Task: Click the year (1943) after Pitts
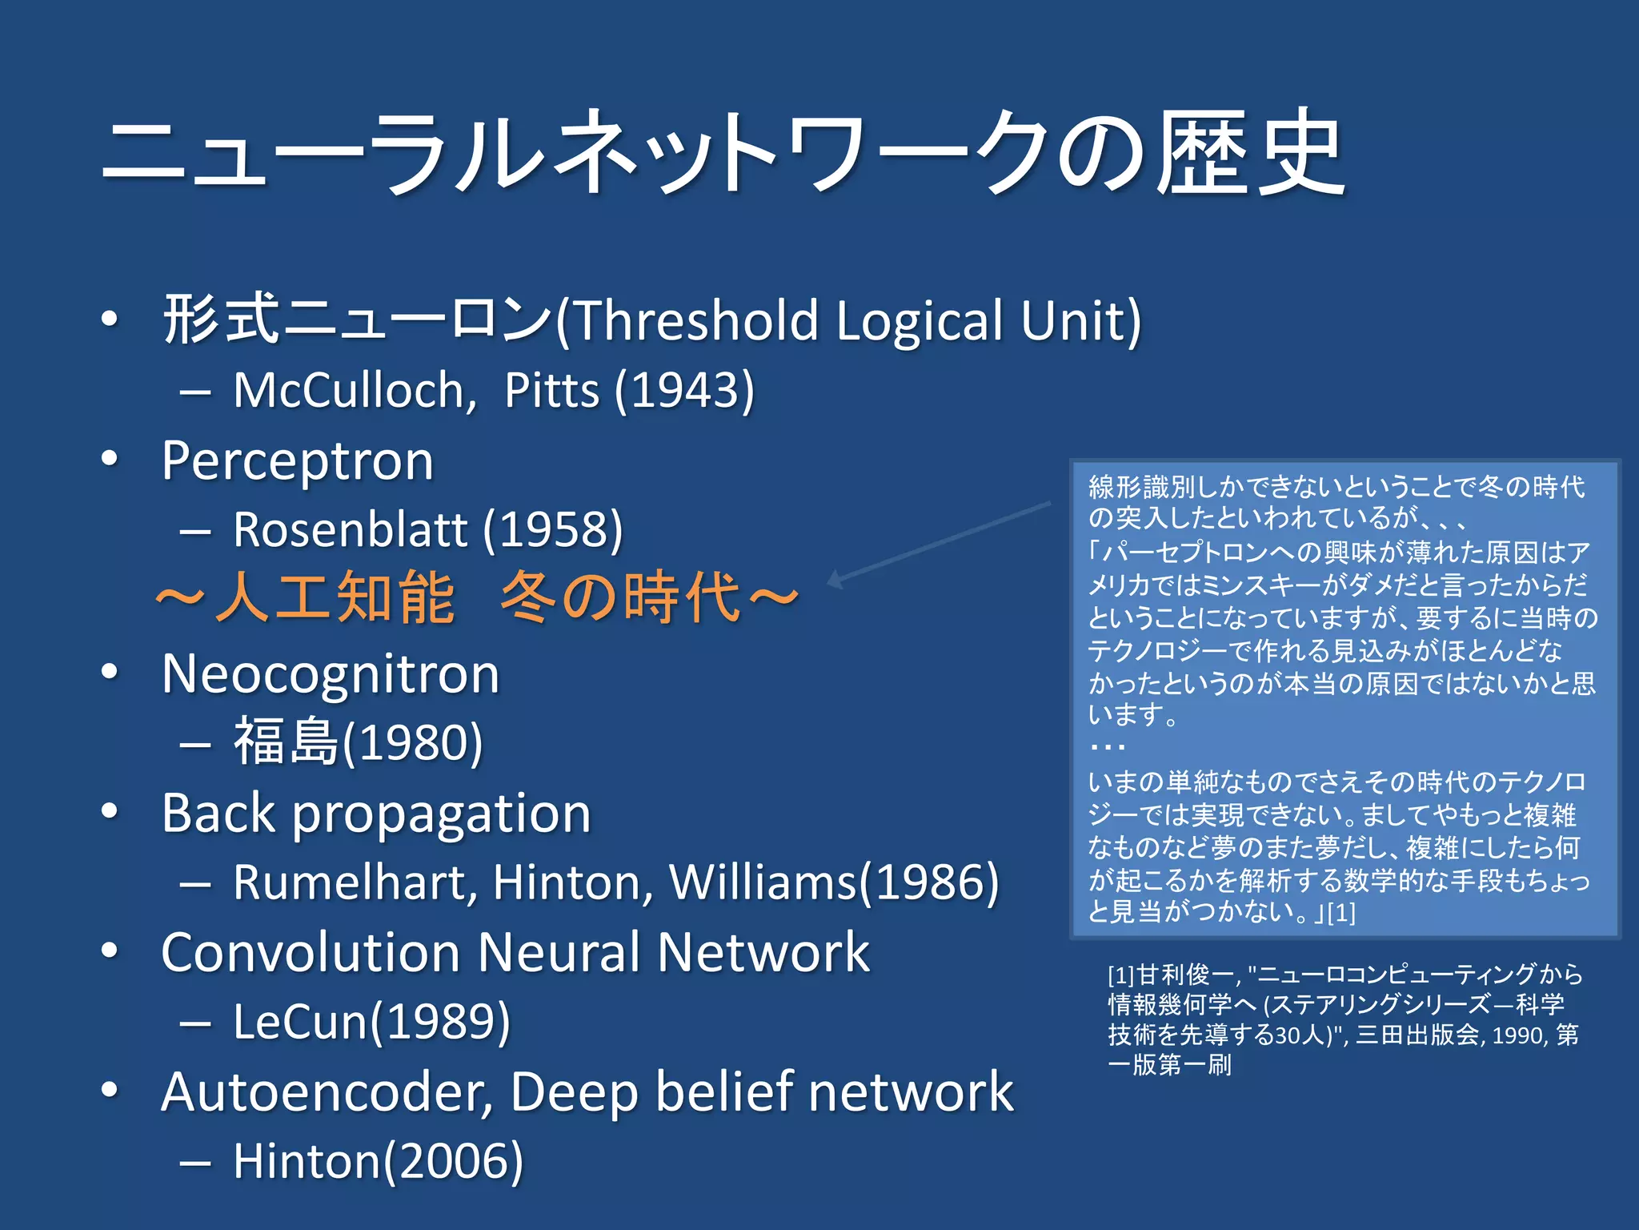click(x=685, y=391)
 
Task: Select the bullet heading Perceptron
click(x=297, y=461)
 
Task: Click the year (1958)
click(x=553, y=530)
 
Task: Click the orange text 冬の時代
click(x=621, y=597)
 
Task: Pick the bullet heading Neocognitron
click(x=331, y=674)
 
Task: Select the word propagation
click(x=441, y=814)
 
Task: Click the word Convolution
click(x=310, y=953)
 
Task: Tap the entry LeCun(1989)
click(x=371, y=1023)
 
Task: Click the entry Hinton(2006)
click(x=378, y=1161)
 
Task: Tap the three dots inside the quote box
click(x=1108, y=747)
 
